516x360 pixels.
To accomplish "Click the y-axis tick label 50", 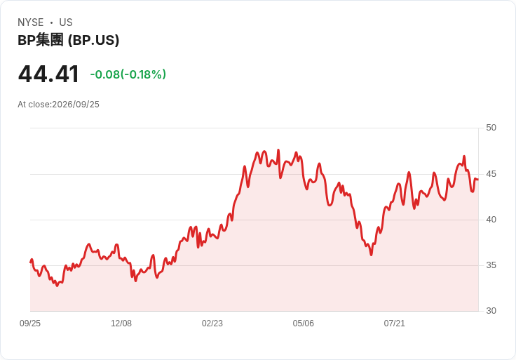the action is pos(491,128).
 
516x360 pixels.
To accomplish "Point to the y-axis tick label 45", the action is pos(491,174).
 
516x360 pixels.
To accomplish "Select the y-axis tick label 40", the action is pos(491,220).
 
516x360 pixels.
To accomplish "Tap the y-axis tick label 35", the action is pos(491,265).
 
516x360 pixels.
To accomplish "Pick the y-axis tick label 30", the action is pos(491,311).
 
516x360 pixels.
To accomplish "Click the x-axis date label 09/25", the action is pos(30,324).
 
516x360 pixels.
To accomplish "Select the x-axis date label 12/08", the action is pos(121,324).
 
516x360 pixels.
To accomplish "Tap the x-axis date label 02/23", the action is pos(212,324).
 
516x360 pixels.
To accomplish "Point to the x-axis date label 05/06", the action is pos(303,324).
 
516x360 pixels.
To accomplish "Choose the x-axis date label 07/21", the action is pos(394,324).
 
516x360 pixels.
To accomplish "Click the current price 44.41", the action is pos(48,74).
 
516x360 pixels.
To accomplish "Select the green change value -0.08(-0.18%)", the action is pos(128,74).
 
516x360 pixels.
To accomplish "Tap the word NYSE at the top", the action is pos(31,22).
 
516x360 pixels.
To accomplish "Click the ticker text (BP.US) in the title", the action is pos(93,41).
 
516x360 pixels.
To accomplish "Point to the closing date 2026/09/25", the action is pos(76,105).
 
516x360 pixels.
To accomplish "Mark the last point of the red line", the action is pos(478,180).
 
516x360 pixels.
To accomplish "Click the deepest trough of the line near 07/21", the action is pos(371,255).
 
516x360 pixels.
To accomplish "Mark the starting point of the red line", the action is pos(31,262).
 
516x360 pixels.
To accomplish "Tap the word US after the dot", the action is pos(66,22).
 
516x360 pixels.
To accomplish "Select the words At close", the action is pos(34,105).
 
